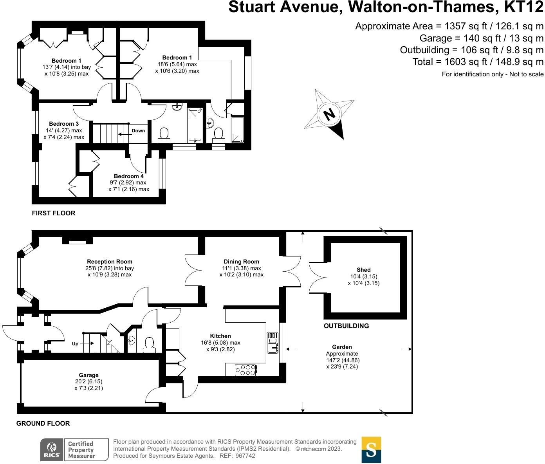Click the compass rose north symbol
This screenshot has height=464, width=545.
329,114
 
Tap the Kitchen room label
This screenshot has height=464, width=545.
220,336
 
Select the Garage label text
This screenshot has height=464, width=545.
88,375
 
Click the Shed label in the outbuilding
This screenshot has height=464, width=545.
363,270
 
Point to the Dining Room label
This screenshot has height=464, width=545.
241,262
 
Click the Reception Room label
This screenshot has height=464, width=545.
110,262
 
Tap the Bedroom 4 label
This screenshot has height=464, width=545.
129,176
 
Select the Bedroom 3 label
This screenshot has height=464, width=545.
64,124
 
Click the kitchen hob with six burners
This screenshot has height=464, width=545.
245,370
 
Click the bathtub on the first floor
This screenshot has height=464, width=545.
195,125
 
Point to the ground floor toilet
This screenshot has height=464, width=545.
149,344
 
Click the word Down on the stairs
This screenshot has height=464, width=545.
138,131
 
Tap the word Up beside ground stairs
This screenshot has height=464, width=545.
75,344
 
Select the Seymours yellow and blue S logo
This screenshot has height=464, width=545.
371,450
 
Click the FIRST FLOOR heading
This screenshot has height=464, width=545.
54,213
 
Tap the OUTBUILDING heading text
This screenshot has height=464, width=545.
346,326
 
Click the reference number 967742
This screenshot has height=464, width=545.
244,456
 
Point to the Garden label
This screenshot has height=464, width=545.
342,347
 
